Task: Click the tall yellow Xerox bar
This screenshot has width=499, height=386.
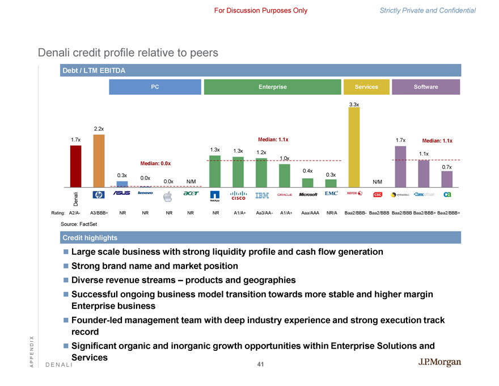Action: [354, 146]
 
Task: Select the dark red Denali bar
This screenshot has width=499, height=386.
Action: [75, 166]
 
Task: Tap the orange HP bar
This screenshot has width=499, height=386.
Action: [99, 161]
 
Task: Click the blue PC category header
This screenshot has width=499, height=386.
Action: [155, 87]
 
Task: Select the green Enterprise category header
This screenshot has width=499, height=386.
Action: [272, 87]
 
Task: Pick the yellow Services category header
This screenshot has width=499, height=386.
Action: [366, 87]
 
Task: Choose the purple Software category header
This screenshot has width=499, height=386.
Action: [426, 87]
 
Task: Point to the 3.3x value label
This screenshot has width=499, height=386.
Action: [354, 104]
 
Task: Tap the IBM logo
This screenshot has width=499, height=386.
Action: [262, 195]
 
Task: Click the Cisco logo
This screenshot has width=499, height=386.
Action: [238, 196]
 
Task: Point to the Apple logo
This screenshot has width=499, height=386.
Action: [167, 196]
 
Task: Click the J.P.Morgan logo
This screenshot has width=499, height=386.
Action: [440, 363]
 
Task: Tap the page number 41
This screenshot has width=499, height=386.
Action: [261, 364]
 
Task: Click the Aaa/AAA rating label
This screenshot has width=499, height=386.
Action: [309, 213]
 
